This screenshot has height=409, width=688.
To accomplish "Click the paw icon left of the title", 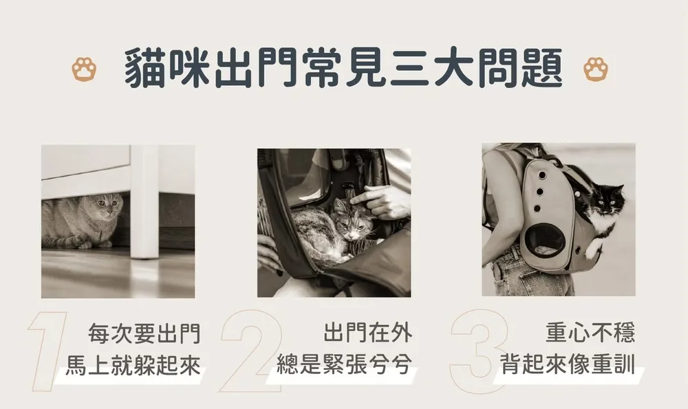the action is (x=84, y=69).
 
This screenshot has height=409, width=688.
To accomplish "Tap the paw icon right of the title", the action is (x=596, y=69).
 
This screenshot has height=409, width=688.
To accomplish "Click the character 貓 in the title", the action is (x=145, y=69).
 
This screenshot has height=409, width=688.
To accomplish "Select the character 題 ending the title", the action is (x=541, y=69).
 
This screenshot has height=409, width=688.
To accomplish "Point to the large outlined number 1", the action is (x=47, y=351).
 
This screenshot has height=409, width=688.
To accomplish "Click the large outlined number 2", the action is (x=250, y=351).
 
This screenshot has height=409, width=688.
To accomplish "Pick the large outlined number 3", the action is (x=479, y=351).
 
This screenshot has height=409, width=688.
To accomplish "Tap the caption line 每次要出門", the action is (x=144, y=333).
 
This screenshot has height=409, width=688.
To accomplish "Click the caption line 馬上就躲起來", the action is (x=133, y=366).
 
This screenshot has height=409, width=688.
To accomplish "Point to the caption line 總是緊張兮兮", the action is (x=345, y=365).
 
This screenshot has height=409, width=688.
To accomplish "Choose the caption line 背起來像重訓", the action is (x=568, y=364).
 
